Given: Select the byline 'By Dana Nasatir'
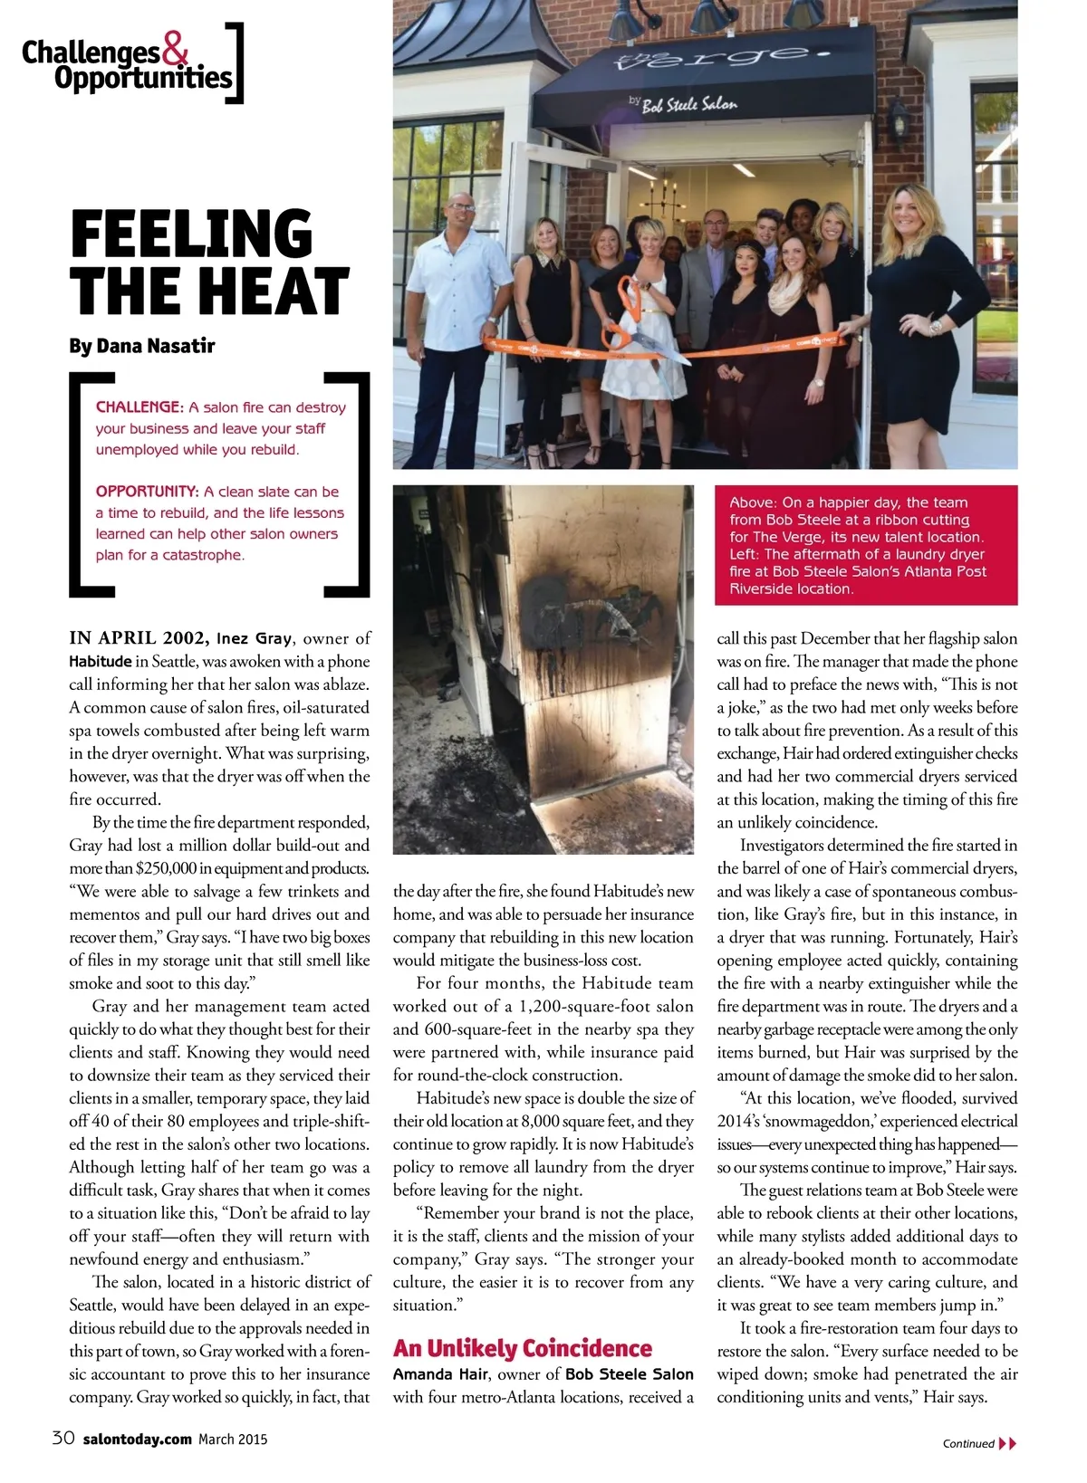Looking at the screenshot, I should tap(141, 345).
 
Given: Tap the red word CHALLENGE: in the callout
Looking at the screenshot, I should tap(139, 407).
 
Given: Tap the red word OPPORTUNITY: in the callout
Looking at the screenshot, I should tap(147, 492).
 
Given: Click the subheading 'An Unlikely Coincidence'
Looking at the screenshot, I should tap(523, 1348).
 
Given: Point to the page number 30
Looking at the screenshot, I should tap(63, 1438).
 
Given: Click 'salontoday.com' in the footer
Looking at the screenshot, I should tap(137, 1439).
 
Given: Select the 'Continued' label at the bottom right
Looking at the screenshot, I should tap(968, 1443).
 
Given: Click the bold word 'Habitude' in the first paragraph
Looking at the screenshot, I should tap(101, 662).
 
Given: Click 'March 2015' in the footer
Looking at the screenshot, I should tap(233, 1439).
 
